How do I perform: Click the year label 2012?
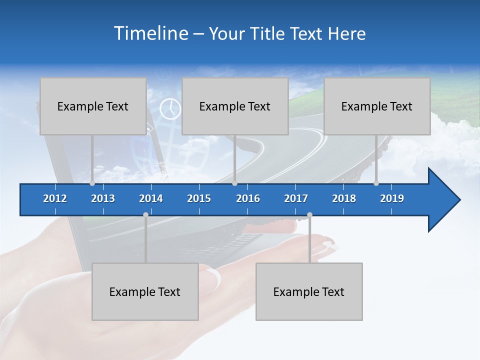[55, 198]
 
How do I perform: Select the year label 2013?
[103, 198]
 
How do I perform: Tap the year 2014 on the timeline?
[151, 198]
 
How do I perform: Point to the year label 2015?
[199, 198]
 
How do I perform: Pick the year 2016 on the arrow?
[248, 198]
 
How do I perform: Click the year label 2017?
[296, 198]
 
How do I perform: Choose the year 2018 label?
[344, 198]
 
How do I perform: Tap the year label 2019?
[392, 198]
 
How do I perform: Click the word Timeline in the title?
[150, 33]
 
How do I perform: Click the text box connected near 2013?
[93, 106]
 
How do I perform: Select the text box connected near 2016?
[235, 106]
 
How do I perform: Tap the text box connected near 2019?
[377, 106]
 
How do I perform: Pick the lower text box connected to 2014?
[145, 291]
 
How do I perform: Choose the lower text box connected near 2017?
[309, 291]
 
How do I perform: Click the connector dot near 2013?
[92, 183]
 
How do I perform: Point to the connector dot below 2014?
[145, 215]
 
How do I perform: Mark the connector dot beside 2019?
[376, 183]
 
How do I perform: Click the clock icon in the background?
[170, 108]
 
